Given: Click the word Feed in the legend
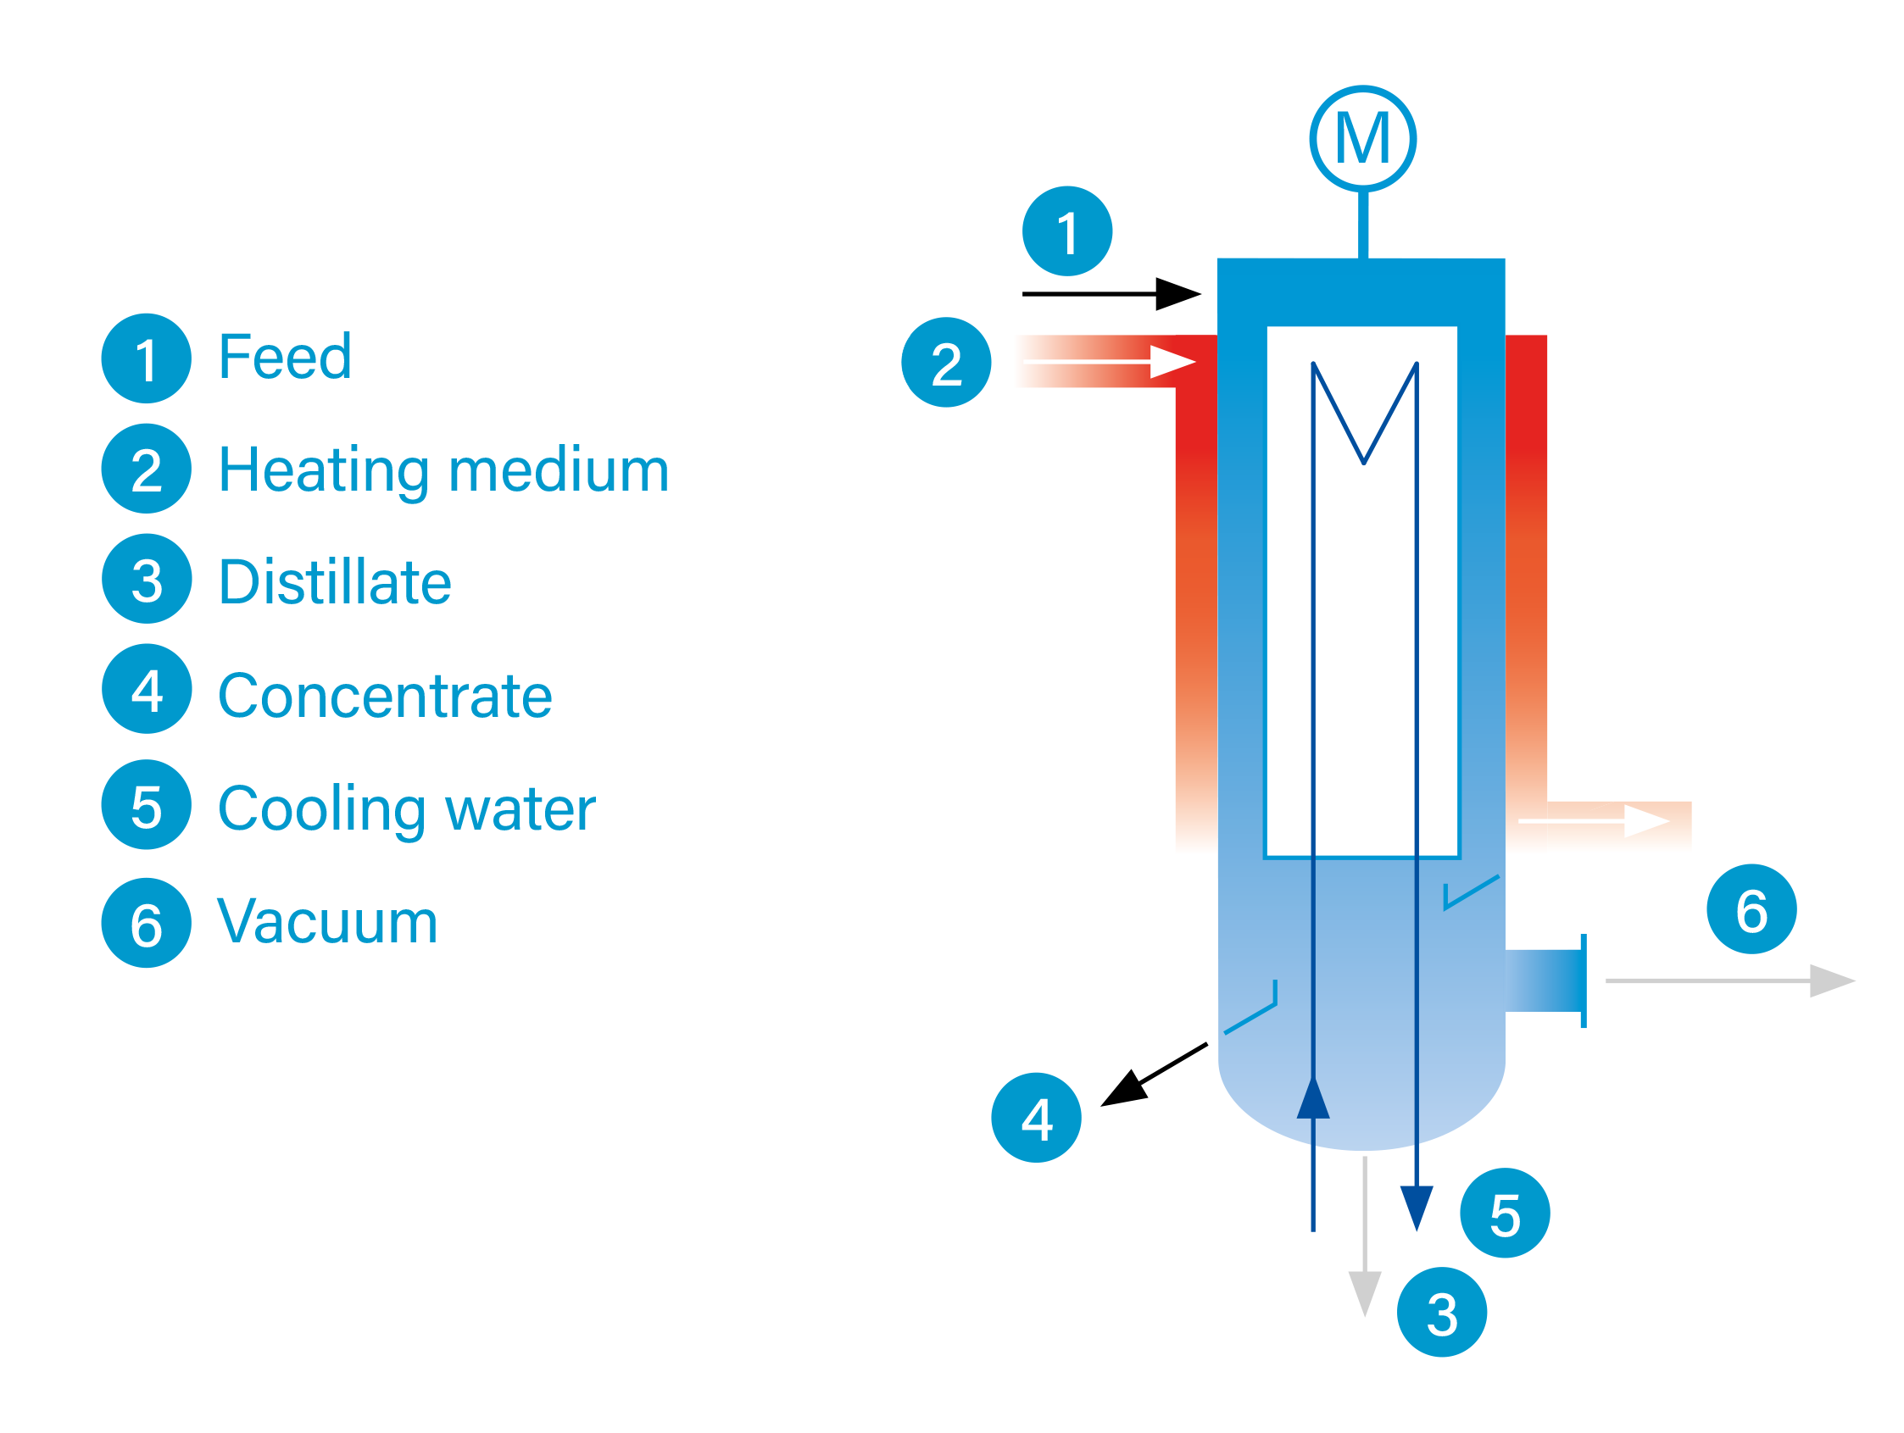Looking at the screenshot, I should coord(285,356).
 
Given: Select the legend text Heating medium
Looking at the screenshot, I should coord(443,470).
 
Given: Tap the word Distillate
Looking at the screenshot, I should coord(335,582).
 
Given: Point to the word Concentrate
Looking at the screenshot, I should coord(385,696).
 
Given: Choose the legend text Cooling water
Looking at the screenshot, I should coord(406,808).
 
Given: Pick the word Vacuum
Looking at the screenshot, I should coord(327,921).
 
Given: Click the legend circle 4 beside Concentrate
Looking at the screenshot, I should coord(147,688).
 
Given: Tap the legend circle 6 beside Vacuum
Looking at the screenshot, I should coord(147,923).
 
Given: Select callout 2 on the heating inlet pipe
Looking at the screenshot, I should coord(946,363).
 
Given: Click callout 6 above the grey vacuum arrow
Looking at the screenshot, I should coord(1751,908).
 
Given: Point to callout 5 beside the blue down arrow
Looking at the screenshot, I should coord(1505,1214).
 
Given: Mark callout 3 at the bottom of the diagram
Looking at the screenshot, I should coord(1442,1313).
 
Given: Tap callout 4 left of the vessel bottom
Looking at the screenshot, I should coord(1037,1118).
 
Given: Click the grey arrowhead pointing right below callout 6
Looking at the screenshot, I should coord(1832,981).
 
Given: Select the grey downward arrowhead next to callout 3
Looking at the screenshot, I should coord(1365,1292).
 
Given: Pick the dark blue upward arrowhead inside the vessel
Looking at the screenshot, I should coord(1313,1100).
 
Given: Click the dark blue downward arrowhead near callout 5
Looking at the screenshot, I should coord(1417,1207).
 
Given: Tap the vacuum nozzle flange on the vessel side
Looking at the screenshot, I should coord(1582,981).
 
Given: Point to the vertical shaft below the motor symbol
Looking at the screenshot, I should coord(1363,224).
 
